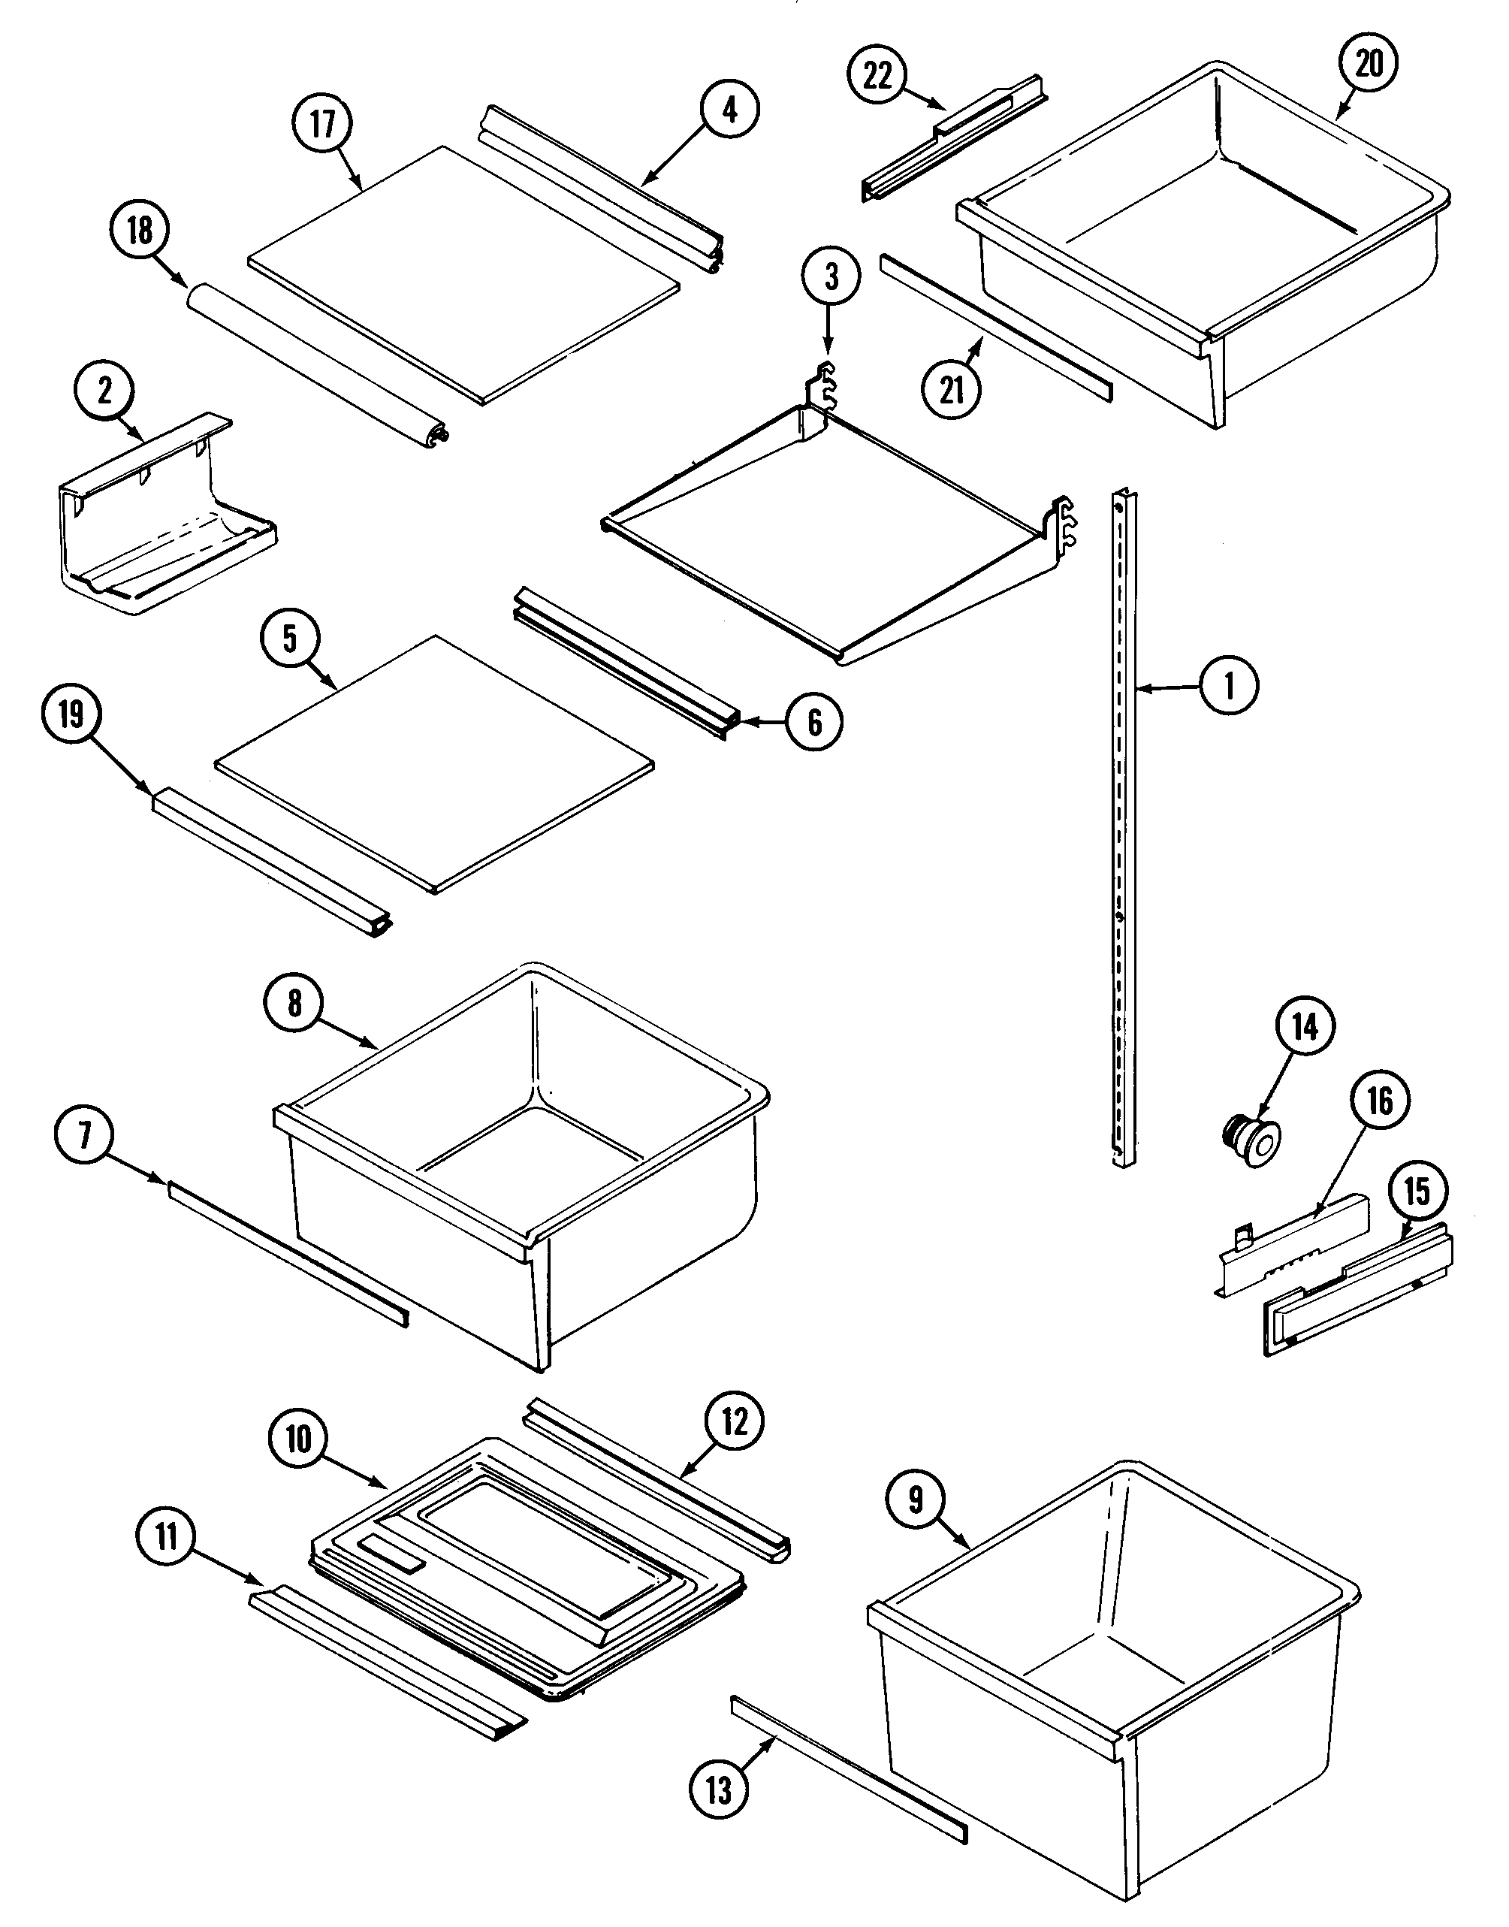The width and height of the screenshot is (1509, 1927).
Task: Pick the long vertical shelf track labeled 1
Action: pos(1124,831)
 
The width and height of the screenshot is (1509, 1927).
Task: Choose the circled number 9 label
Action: pos(916,1499)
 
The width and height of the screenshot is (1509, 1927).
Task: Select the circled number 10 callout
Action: pos(300,1439)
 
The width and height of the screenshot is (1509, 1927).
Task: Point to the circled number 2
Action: pos(105,391)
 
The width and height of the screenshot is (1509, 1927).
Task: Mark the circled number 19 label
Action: pos(71,714)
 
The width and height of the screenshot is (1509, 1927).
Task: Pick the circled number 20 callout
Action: pos(1369,63)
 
